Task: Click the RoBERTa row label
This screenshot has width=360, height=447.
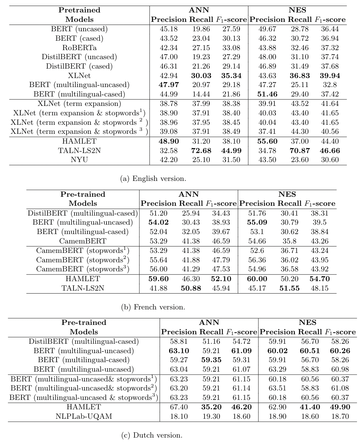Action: pos(79,47)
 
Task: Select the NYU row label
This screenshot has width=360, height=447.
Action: pos(79,160)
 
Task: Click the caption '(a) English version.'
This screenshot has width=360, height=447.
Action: pos(153,178)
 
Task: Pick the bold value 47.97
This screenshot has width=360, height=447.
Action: pos(169,85)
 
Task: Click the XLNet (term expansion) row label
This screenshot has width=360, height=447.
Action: pos(79,104)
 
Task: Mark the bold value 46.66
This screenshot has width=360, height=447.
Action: pos(329,150)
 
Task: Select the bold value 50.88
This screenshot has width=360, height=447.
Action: pos(190,288)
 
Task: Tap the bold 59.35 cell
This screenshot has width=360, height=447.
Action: pos(211,360)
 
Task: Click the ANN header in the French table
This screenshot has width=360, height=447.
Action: pos(189,194)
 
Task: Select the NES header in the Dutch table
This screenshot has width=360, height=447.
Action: pos(307,323)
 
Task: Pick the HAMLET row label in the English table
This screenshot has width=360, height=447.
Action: pos(79,141)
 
